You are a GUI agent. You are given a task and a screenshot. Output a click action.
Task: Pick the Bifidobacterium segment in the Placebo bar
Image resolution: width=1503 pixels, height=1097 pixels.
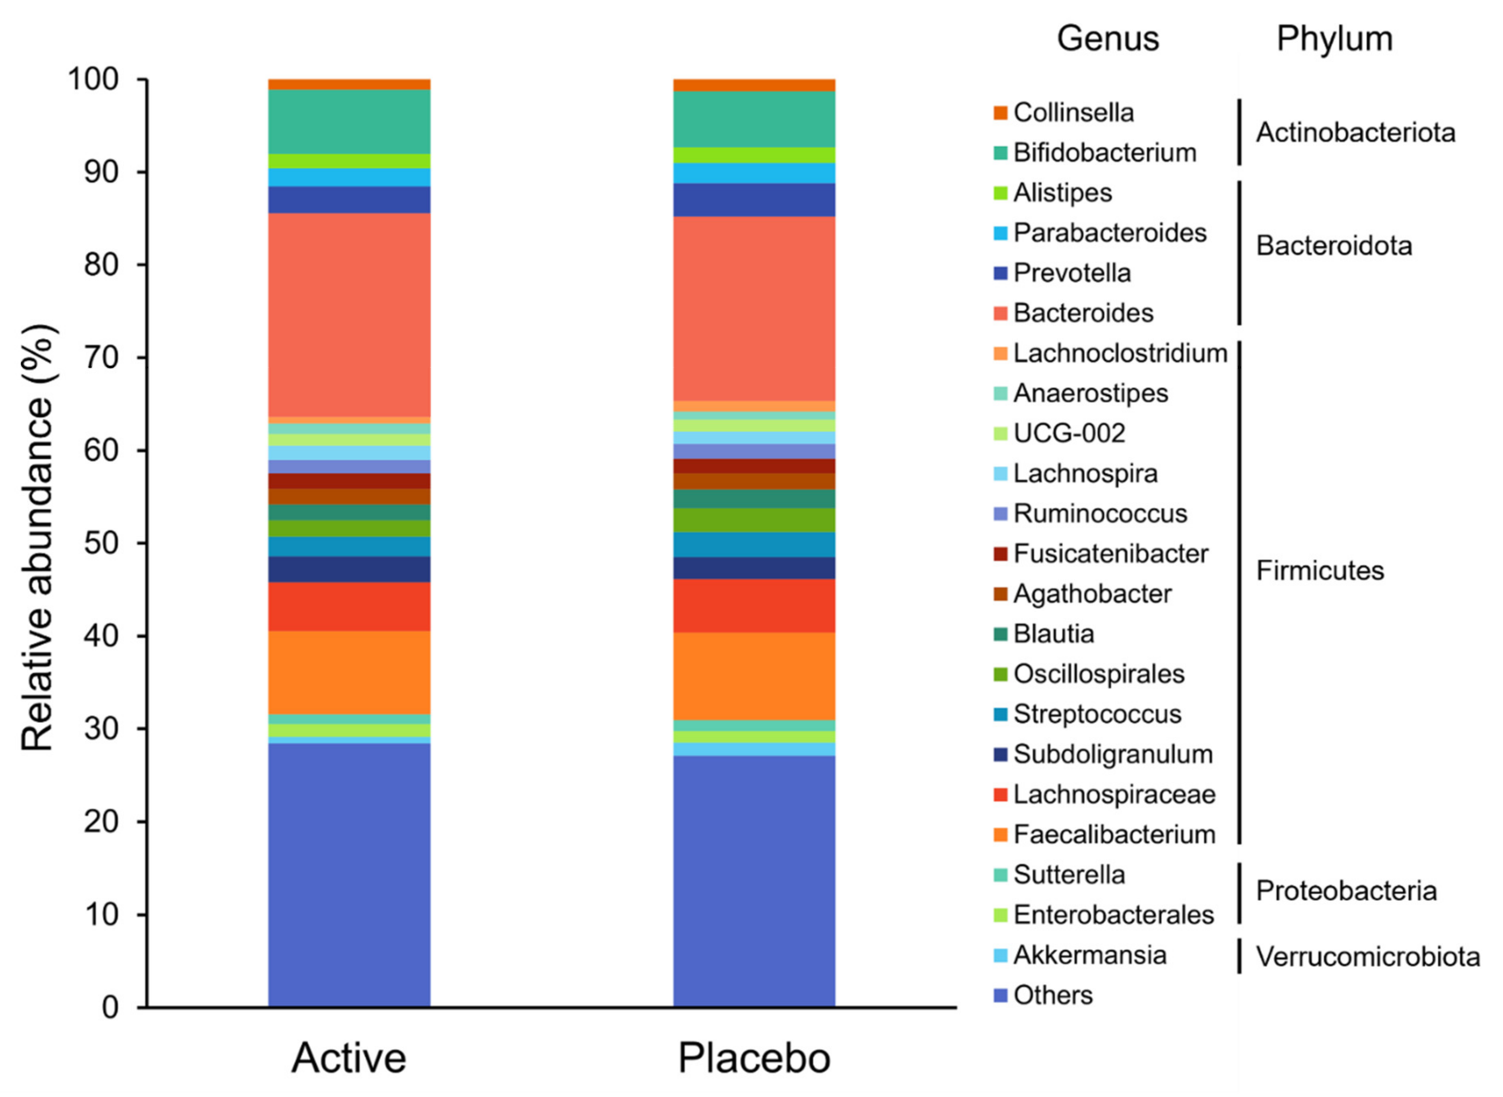[x=754, y=119]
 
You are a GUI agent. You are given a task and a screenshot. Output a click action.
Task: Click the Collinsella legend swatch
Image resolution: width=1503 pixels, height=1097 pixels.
[x=1000, y=113]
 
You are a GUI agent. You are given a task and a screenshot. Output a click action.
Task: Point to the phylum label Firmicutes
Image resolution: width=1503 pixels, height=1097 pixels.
[x=1319, y=570]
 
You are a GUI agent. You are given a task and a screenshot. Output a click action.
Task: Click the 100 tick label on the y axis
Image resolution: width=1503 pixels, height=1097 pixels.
[x=93, y=80]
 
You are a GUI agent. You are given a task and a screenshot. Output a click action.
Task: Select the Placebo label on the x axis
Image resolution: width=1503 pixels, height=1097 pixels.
[x=754, y=1058]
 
